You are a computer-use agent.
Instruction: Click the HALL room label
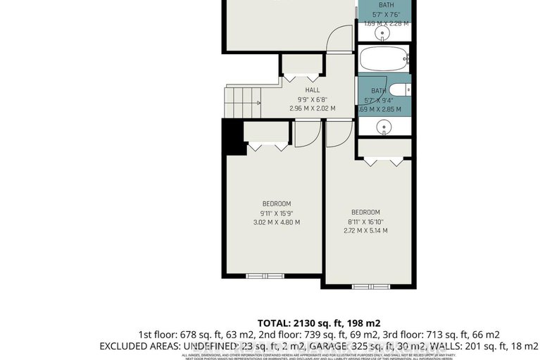[x=312, y=90]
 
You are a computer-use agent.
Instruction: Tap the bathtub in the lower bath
[x=384, y=59]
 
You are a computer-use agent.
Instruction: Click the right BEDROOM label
[x=365, y=212]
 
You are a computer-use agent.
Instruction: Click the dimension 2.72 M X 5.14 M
[x=365, y=231]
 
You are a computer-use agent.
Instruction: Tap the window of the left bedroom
[x=266, y=275]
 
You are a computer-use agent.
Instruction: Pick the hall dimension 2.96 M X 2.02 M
[x=312, y=108]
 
